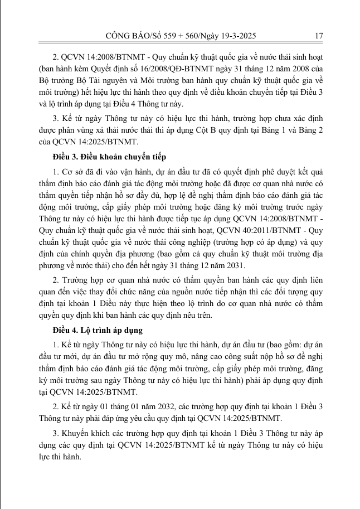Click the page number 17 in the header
(x=319, y=36)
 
